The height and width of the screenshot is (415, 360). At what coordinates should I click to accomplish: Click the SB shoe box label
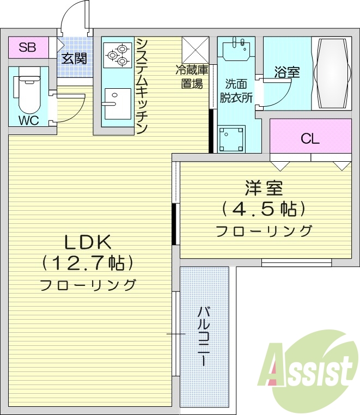pyautogui.click(x=27, y=47)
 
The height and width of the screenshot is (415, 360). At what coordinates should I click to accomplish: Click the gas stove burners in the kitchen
pyautogui.click(x=117, y=55)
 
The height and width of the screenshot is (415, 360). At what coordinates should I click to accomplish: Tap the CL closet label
pyautogui.click(x=310, y=139)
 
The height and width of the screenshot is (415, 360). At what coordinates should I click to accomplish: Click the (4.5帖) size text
pyautogui.click(x=264, y=208)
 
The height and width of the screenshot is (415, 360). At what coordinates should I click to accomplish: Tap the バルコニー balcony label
pyautogui.click(x=204, y=335)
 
